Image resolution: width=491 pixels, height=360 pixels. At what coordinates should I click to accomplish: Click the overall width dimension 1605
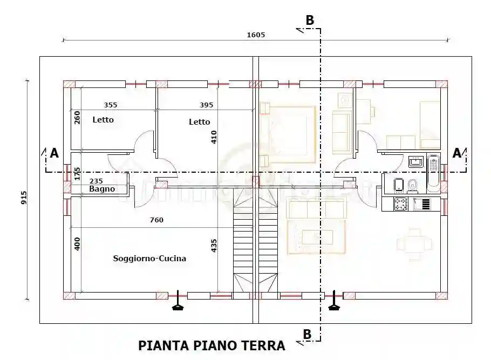pyautogui.click(x=256, y=35)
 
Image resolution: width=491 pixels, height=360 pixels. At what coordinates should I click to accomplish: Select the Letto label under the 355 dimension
pyautogui.click(x=103, y=120)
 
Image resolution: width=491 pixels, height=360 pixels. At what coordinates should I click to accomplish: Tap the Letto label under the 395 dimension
pyautogui.click(x=199, y=122)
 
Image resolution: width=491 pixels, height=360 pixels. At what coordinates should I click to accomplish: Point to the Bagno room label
pyautogui.click(x=102, y=189)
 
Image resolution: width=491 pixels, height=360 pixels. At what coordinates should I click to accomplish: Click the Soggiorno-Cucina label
pyautogui.click(x=149, y=259)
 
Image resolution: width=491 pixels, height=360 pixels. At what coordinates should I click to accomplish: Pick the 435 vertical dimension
pyautogui.click(x=214, y=246)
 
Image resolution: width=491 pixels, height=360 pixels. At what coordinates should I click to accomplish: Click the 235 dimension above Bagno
pyautogui.click(x=96, y=181)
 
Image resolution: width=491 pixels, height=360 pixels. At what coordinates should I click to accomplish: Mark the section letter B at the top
pyautogui.click(x=309, y=20)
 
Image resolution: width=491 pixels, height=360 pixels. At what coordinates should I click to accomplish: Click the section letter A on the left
pyautogui.click(x=54, y=153)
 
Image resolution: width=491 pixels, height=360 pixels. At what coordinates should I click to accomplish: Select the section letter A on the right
pyautogui.click(x=456, y=153)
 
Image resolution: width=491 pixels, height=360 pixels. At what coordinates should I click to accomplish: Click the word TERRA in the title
pyautogui.click(x=262, y=345)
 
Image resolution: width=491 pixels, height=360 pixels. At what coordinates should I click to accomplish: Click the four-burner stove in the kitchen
pyautogui.click(x=400, y=204)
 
